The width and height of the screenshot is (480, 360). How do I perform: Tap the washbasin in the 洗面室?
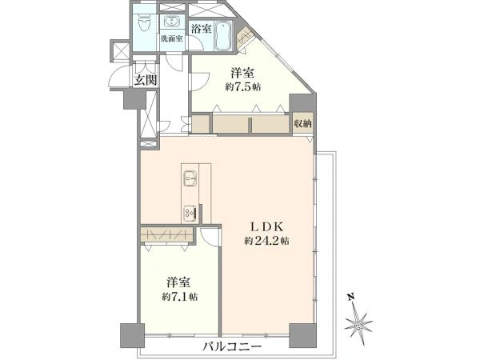(172, 22)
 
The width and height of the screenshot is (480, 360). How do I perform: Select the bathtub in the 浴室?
(222, 35)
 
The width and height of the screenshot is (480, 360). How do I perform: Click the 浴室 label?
(201, 29)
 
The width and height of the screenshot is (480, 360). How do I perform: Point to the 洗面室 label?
(172, 39)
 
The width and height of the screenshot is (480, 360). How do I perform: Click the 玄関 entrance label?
(146, 80)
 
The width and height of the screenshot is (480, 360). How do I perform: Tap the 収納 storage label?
(302, 124)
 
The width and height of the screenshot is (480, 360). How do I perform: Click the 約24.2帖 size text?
(267, 242)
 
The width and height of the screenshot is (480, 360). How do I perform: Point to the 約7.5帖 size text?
(243, 87)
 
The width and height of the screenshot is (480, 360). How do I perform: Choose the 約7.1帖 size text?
(180, 297)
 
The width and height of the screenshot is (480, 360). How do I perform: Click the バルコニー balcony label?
(232, 347)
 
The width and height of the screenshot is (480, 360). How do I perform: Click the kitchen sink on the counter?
(190, 178)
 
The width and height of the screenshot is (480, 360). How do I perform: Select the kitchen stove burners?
(190, 213)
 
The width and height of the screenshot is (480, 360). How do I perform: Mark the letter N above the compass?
(350, 296)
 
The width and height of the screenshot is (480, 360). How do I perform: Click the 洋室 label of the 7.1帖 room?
(180, 282)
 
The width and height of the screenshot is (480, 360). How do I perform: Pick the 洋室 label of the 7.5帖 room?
(243, 73)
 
